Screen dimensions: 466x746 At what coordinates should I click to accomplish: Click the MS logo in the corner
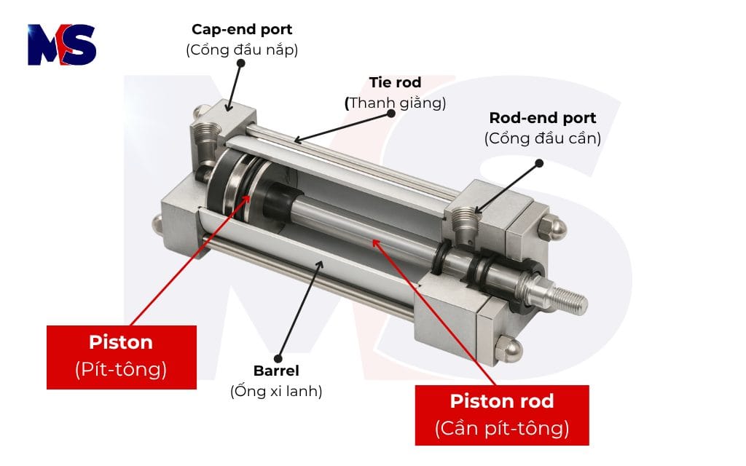62,45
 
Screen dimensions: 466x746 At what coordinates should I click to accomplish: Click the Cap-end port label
242,30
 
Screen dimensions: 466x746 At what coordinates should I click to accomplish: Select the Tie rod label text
395,82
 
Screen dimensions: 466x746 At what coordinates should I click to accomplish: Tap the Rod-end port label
542,118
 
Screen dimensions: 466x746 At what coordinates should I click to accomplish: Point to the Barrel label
276,370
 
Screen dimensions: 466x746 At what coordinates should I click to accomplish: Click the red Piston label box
121,356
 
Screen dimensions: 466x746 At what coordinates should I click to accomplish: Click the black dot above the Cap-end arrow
241,63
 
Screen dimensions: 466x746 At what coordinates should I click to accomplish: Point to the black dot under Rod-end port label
539,162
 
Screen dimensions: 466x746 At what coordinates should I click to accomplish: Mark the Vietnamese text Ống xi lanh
276,391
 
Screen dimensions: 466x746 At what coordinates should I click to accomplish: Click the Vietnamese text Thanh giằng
396,103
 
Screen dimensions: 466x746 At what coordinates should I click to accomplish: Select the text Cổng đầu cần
542,138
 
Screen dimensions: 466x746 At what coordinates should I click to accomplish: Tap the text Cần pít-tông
501,428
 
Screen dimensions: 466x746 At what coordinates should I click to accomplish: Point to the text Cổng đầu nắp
242,50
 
